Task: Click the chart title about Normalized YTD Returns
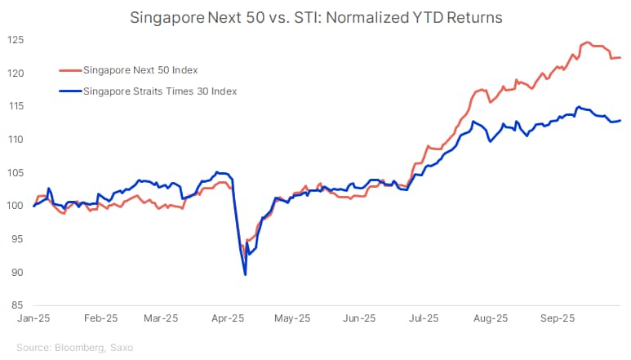[x=315, y=16]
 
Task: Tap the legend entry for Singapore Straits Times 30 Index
[x=160, y=91]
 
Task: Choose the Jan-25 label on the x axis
[x=33, y=318]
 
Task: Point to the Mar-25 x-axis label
[x=161, y=318]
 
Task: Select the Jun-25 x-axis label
[x=358, y=318]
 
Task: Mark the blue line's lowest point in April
[x=245, y=274]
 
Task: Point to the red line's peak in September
[x=585, y=42]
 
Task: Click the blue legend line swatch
[x=71, y=91]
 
